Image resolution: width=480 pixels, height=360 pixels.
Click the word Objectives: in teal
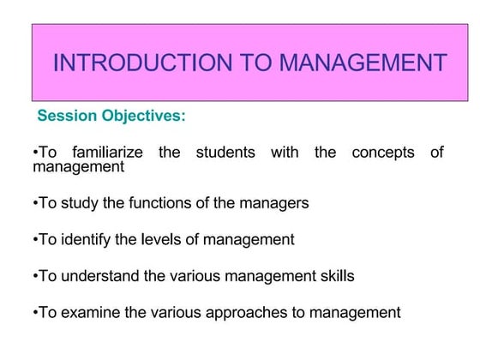click(143, 115)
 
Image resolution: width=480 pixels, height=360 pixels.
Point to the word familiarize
click(108, 153)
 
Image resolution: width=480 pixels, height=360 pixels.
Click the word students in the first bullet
click(225, 153)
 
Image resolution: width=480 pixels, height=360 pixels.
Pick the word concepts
click(383, 153)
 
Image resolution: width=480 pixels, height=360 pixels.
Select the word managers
click(273, 203)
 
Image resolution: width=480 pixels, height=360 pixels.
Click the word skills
click(336, 276)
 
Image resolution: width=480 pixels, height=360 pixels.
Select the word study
click(76, 203)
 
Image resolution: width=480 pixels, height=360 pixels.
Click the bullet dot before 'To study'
click(35, 204)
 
